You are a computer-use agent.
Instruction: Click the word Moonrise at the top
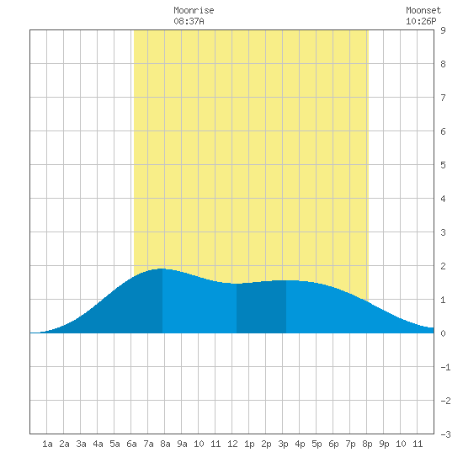194,10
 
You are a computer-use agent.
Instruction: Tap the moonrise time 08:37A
189,21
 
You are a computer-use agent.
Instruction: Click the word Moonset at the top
423,10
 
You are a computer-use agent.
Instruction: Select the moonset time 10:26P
421,21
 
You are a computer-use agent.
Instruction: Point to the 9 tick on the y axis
443,30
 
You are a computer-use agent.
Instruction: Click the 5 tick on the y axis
443,165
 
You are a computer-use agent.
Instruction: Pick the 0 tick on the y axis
443,333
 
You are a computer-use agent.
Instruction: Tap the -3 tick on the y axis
445,434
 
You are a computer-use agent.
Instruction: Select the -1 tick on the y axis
445,367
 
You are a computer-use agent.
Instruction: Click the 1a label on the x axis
47,444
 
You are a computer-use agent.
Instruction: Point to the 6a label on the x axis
131,444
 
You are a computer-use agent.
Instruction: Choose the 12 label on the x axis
232,444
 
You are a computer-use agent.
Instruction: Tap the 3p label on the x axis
283,444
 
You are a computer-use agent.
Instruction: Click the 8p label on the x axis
367,444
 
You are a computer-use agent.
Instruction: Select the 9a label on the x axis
182,444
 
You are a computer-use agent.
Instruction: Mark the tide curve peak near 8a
162,269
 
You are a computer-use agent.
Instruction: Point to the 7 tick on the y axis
443,98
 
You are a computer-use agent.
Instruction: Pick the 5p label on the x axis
317,444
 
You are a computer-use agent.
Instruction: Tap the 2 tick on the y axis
443,266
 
